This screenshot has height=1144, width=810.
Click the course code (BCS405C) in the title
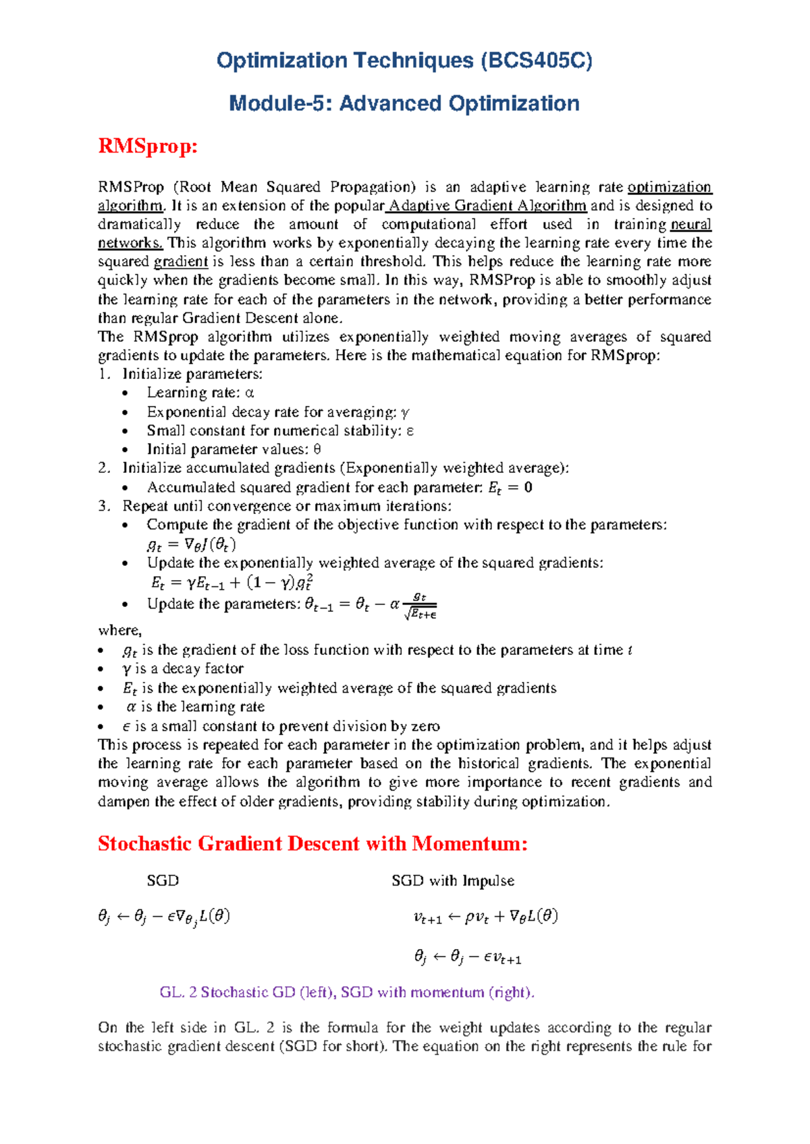pos(536,61)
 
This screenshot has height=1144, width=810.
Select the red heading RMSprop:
pos(147,146)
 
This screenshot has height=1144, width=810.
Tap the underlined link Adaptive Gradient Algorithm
pos(487,206)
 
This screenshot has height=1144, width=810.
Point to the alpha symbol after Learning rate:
pos(249,393)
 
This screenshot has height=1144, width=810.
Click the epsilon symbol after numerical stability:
pos(410,431)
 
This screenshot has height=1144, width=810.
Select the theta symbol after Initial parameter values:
pos(317,450)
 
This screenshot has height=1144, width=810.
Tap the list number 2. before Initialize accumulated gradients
pos(103,468)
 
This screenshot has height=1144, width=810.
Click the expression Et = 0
pos(510,488)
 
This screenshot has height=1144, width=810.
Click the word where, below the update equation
pos(119,631)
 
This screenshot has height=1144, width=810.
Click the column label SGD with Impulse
pos(452,881)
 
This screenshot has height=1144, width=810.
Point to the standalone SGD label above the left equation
pos(163,881)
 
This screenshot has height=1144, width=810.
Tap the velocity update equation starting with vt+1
pos(485,917)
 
